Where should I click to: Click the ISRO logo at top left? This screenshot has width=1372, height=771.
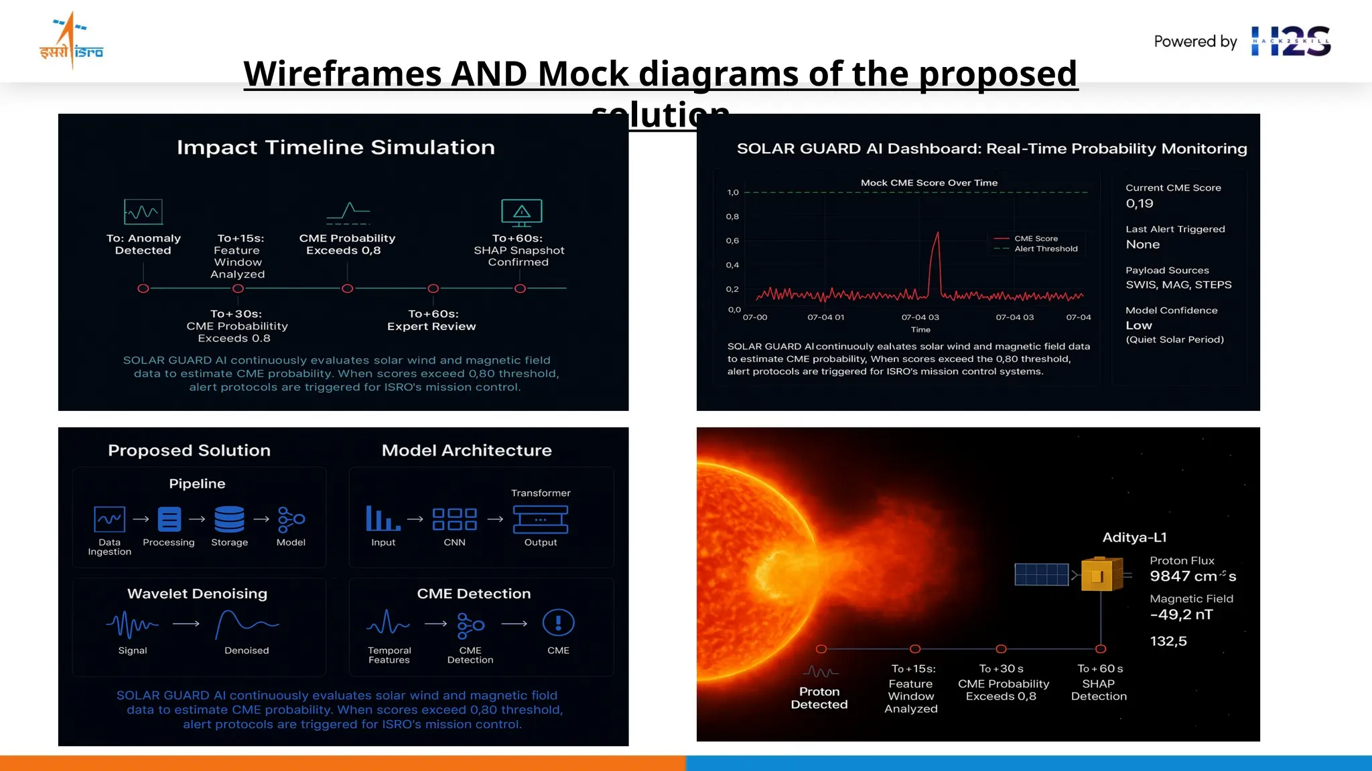coord(71,41)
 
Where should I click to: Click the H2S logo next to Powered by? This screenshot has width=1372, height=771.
coord(1290,41)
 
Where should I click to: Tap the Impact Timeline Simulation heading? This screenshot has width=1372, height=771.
coord(336,147)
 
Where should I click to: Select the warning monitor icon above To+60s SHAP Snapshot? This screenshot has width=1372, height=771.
coord(521,212)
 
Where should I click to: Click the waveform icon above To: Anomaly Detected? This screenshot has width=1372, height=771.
coord(143,212)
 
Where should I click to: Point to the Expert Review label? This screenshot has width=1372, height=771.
coord(431,327)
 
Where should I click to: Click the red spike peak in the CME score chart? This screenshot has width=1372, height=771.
coord(937,234)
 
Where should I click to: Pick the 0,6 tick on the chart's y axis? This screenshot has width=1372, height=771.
coord(732,241)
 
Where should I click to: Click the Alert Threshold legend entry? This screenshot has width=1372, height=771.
coord(1045,249)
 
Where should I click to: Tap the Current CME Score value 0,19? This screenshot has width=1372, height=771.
coord(1140,203)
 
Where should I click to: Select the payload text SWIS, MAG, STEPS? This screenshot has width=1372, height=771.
coord(1178,285)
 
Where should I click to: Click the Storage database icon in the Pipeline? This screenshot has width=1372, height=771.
coord(229,519)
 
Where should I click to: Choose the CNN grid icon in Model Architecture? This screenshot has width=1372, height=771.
coord(454,519)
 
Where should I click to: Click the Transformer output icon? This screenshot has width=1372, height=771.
coord(540,519)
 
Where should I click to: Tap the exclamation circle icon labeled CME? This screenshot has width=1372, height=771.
coord(558,623)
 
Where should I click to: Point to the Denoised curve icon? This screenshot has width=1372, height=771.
coord(247,624)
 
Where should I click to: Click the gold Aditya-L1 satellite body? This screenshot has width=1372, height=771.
coord(1101,574)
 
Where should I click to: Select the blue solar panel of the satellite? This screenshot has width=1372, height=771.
coord(1041,574)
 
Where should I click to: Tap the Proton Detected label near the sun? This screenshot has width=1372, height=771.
coord(819,698)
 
